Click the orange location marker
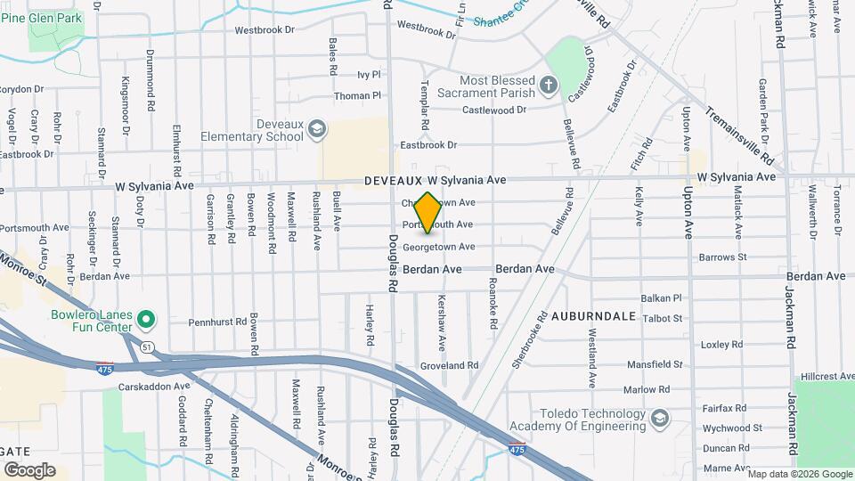click(x=427, y=213)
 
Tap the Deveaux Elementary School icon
click(x=315, y=131)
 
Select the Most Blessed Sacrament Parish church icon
click(x=550, y=87)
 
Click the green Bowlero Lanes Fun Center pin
click(x=149, y=318)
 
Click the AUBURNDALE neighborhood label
click(x=593, y=316)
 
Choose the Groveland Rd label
click(x=449, y=365)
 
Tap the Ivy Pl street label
click(x=369, y=75)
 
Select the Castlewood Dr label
click(x=493, y=110)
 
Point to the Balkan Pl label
click(x=662, y=298)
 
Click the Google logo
click(x=29, y=469)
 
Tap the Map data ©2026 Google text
click(x=801, y=473)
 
